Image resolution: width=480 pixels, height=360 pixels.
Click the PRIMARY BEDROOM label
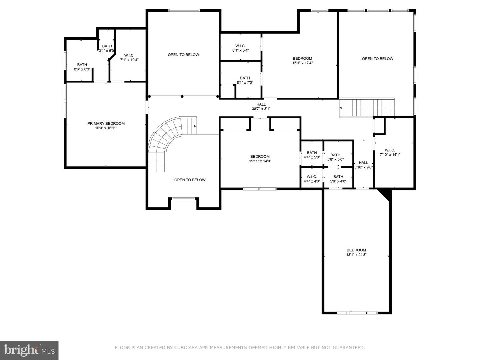pos(106,123)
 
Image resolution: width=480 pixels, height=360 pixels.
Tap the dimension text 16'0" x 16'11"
pos(106,128)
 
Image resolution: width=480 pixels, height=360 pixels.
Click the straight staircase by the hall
pos(367,108)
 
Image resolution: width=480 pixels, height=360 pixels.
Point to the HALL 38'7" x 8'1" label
pos(261,107)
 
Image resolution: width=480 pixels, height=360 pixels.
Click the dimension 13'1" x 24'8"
pos(356,255)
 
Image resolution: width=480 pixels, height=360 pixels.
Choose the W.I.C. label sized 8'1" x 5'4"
pos(240,48)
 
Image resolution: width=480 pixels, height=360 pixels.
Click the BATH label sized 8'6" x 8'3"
pos(82,67)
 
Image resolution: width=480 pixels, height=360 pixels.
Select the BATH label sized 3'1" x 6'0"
pos(107,48)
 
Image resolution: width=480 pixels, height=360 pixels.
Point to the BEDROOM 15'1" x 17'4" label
pos(302,61)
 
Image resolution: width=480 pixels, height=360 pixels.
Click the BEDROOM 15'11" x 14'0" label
pos(260,159)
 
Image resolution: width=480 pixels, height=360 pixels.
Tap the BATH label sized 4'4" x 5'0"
pos(312,155)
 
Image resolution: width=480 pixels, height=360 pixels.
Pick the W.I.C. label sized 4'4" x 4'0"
pos(312,179)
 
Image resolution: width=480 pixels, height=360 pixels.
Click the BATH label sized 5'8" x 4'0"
pos(338,179)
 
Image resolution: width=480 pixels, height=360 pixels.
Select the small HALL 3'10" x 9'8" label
pos(363,165)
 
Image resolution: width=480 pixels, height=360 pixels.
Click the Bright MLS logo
pos(29,350)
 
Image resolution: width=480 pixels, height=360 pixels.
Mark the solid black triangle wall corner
pos(386,194)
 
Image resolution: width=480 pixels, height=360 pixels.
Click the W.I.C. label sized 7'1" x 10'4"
pos(129,57)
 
